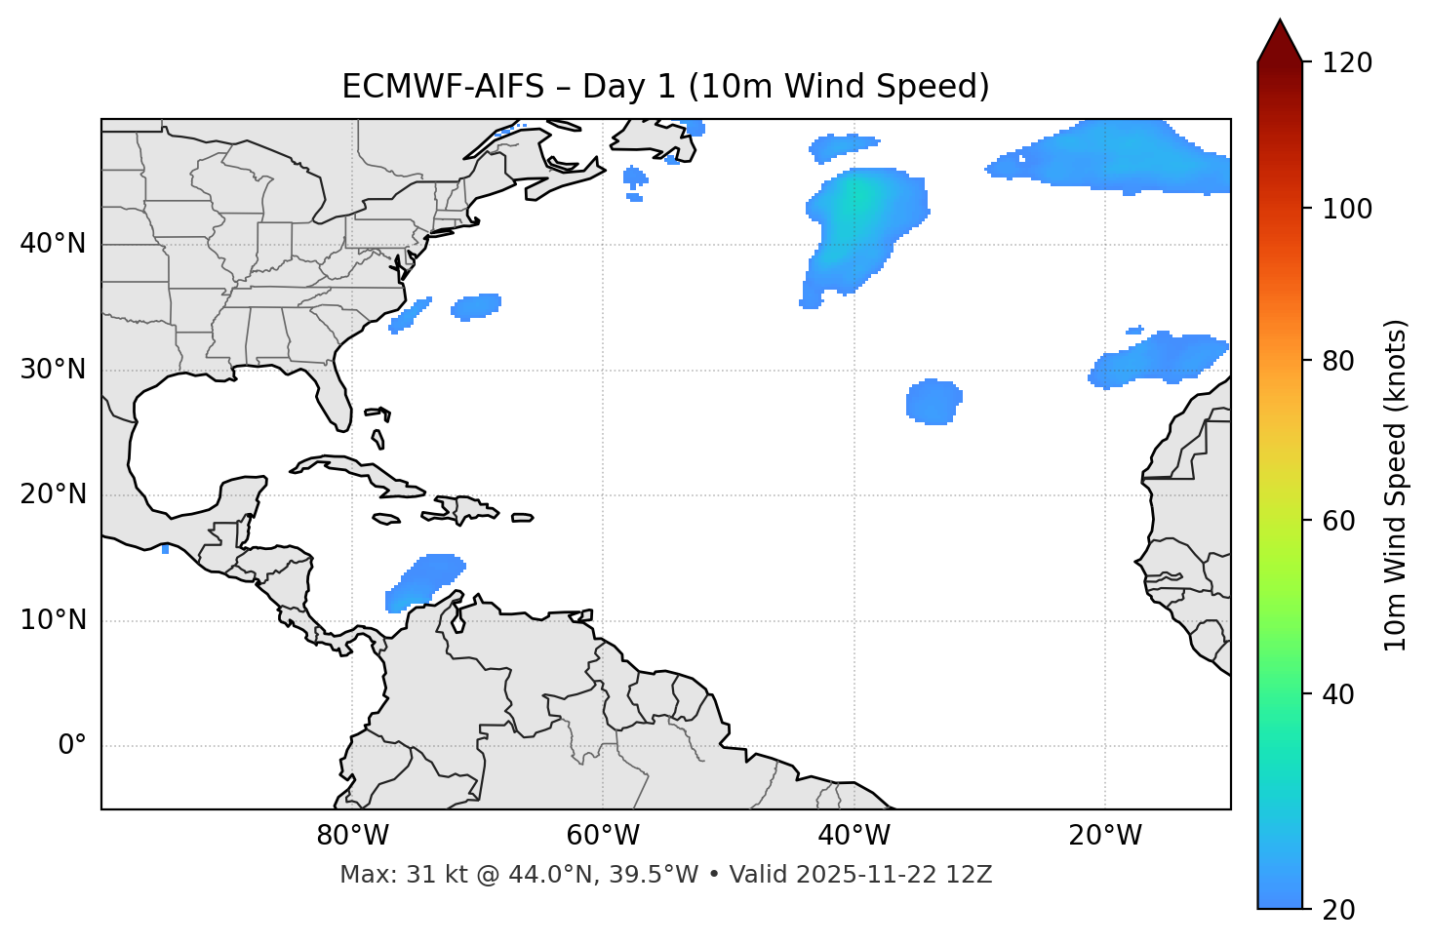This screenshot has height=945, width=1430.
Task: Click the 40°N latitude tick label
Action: (x=53, y=244)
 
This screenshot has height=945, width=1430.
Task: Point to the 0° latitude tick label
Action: (x=72, y=746)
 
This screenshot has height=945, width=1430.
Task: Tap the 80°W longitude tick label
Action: (x=352, y=836)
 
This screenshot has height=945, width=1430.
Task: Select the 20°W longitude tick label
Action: (x=1105, y=836)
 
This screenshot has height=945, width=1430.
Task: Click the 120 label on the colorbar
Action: (x=1346, y=63)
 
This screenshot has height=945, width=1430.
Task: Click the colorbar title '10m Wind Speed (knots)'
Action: (x=1396, y=486)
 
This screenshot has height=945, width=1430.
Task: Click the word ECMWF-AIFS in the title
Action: (x=443, y=87)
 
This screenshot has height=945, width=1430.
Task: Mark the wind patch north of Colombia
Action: (x=425, y=581)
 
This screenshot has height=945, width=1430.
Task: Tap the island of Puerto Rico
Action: (x=522, y=518)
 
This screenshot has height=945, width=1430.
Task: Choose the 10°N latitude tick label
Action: (x=53, y=620)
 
